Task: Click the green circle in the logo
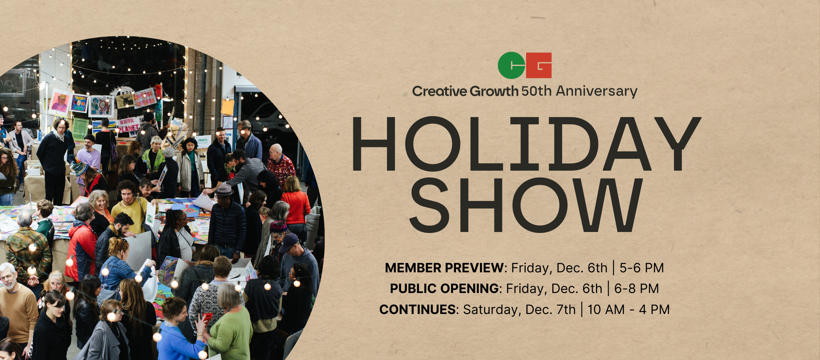(x=511, y=65)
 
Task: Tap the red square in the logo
(x=539, y=65)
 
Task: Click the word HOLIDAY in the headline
(x=526, y=144)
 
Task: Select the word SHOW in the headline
(x=526, y=205)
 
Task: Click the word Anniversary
(x=597, y=91)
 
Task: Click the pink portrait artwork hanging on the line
(x=59, y=102)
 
